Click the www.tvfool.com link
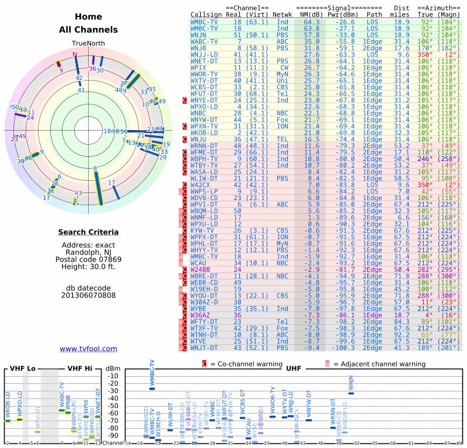coord(88,349)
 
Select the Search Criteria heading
coord(88,232)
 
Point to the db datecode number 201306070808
coord(88,295)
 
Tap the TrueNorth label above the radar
coord(88,43)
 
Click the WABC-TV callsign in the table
coord(204,41)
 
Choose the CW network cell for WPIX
coord(282,67)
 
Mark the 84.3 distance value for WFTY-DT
coord(401,321)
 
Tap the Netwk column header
coord(283,14)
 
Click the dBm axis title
coord(111,368)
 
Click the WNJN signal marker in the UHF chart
coord(351,393)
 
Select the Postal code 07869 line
coord(88,260)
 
